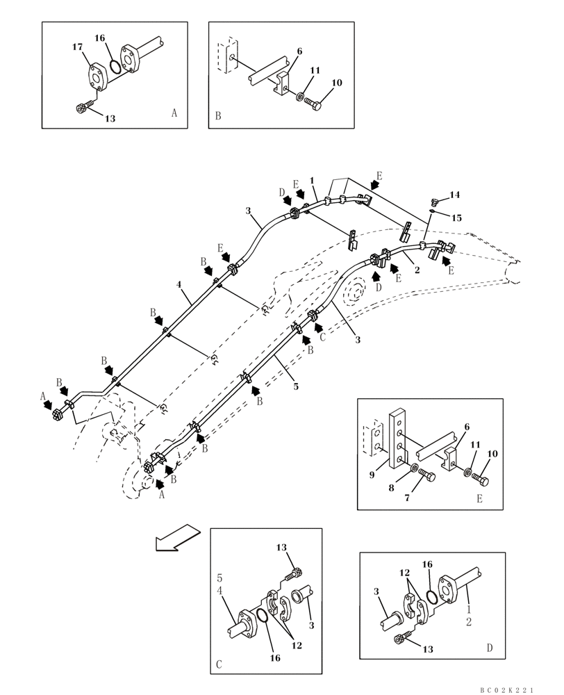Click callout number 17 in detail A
[77, 47]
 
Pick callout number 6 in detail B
[299, 51]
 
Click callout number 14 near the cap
[454, 195]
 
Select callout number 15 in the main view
[456, 218]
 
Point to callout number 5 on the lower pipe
[296, 386]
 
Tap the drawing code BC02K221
[507, 689]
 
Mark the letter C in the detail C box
[219, 664]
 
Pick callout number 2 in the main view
[417, 270]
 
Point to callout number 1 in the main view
[313, 181]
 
